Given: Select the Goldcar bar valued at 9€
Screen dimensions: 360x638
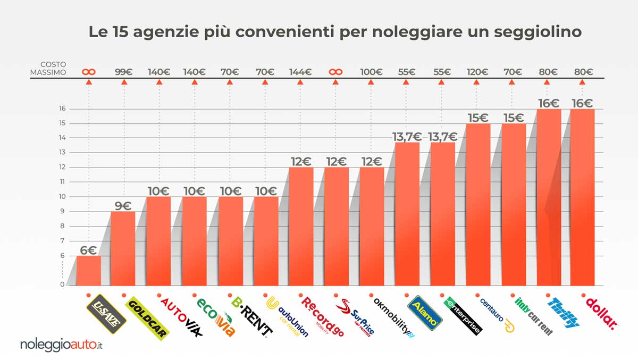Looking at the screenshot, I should point(123,248).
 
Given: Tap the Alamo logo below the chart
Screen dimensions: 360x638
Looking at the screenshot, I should point(424,311).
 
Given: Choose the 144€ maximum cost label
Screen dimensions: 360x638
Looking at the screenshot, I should point(300,72).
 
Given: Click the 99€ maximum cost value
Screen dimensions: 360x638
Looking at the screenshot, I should point(124,72).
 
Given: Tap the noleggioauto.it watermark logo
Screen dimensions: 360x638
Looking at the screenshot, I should point(61,345).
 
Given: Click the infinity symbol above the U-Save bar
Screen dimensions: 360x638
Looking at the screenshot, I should point(89,72).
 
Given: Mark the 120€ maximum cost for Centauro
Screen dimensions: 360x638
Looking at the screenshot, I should point(476,72).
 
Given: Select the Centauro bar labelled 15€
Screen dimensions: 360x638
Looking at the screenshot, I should point(476,205).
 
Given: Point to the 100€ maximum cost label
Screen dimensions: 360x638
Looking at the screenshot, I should point(371,72).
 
